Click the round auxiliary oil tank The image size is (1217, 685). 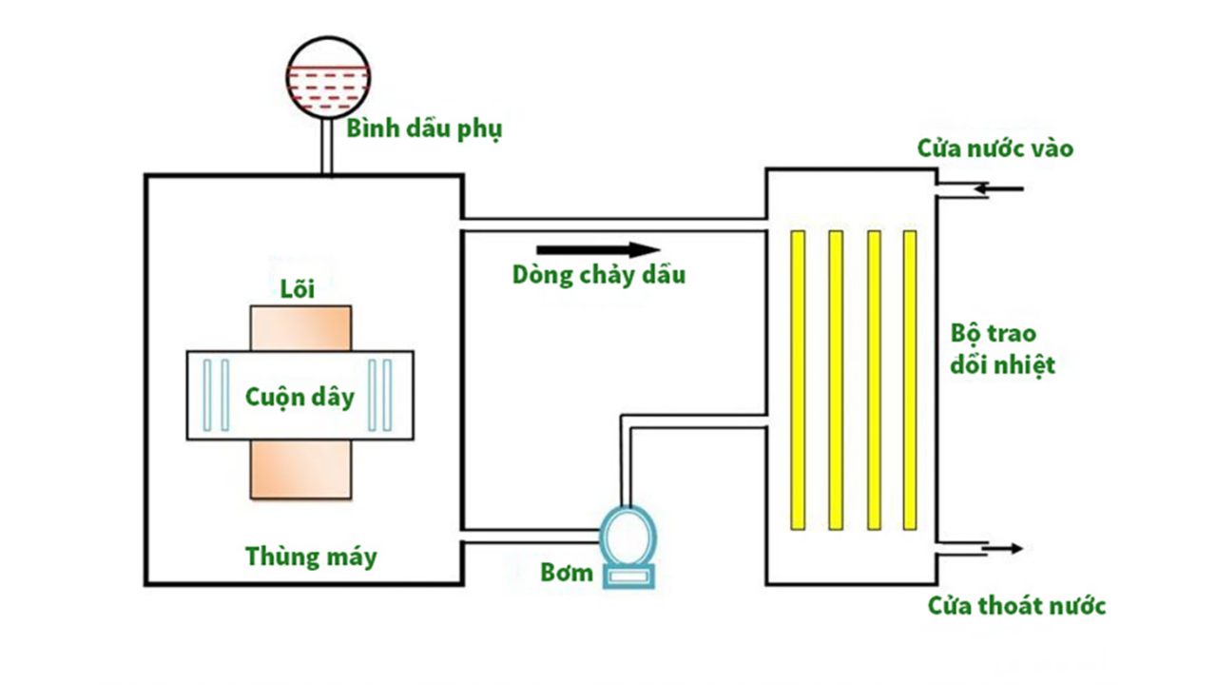point(326,77)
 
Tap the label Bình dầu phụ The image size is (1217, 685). point(423,128)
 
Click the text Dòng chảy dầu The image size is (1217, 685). point(599,275)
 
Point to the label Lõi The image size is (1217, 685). point(298,287)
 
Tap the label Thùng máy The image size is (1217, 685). point(311,556)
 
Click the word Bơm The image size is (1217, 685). point(567,573)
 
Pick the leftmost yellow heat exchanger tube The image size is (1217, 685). point(798,380)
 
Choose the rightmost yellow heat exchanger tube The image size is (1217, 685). point(910,380)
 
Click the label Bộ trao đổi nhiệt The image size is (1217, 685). point(1002,349)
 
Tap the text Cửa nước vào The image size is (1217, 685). point(995,148)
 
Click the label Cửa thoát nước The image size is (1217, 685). point(1016,605)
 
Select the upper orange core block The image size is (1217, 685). point(300,328)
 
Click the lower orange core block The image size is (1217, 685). point(300,470)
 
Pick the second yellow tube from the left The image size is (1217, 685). point(836,380)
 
